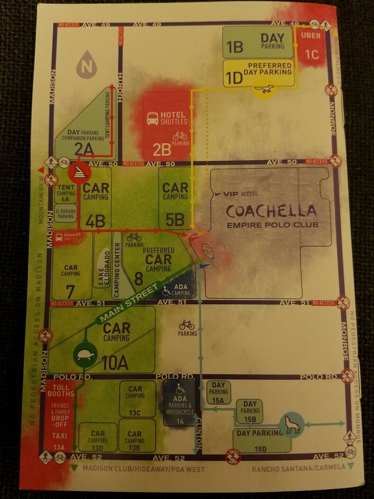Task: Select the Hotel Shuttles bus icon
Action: click(153, 118)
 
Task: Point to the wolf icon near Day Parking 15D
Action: click(291, 425)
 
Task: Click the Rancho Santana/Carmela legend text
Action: click(298, 468)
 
